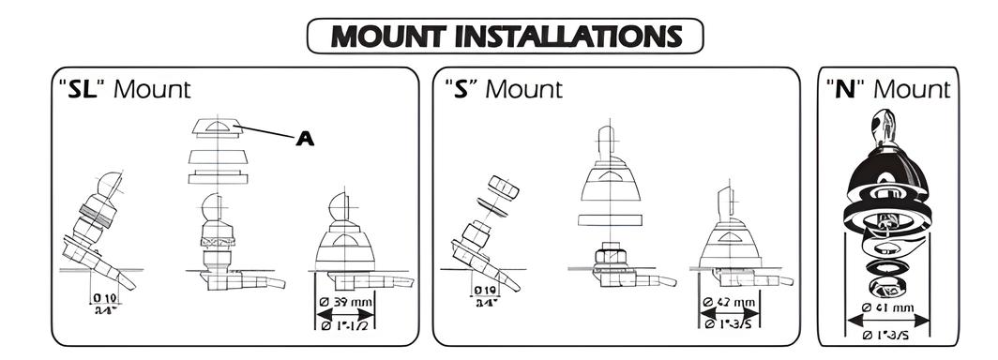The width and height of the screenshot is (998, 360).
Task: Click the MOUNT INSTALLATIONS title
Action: coord(506,37)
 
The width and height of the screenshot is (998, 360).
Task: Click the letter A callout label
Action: coord(305,139)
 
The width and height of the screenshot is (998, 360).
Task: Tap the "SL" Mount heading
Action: coord(123,89)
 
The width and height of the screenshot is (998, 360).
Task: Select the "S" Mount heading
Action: coord(504,89)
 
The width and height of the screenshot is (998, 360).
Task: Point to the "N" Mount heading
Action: coord(888,89)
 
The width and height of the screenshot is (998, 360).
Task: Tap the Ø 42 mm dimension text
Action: coord(731,303)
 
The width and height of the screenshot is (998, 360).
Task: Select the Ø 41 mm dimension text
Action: coord(887,307)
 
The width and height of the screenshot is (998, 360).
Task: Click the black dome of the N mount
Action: coord(886,178)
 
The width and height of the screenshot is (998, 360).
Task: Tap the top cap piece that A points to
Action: coord(217,128)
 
